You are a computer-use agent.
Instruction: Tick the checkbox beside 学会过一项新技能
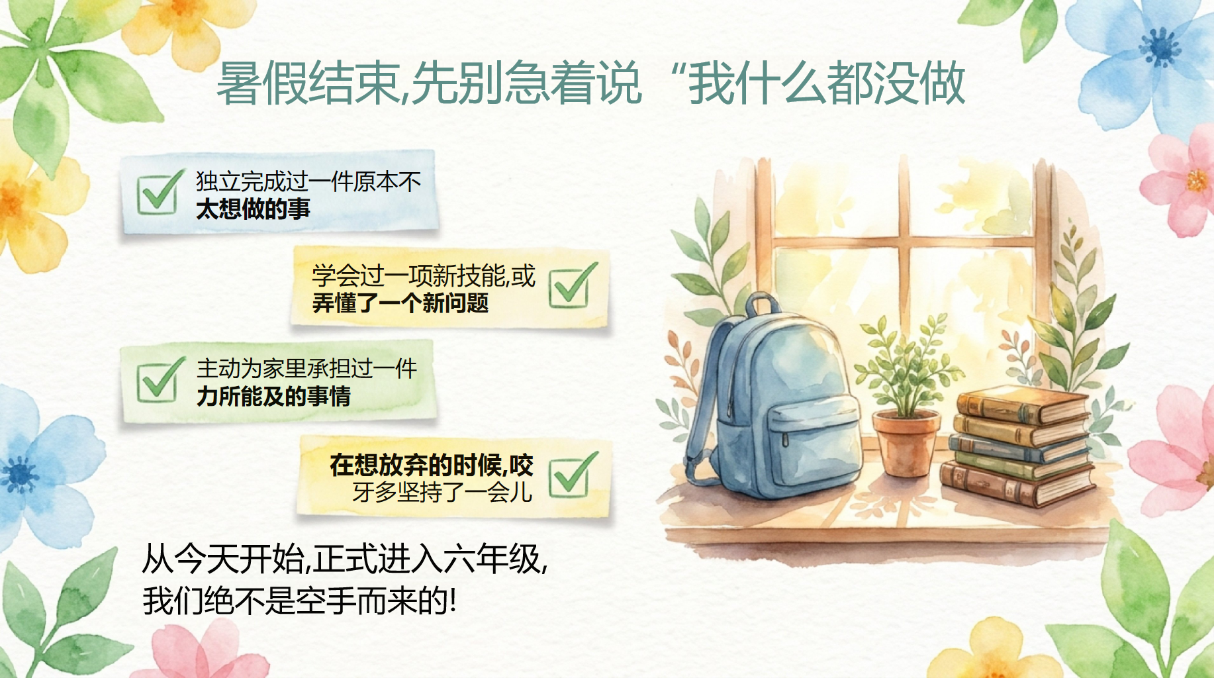click(572, 285)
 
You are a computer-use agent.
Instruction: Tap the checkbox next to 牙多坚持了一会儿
click(573, 474)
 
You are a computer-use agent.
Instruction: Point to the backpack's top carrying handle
click(763, 305)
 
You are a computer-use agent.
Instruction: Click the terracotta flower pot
click(906, 442)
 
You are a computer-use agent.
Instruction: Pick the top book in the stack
click(1023, 405)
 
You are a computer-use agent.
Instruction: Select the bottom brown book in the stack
click(1016, 485)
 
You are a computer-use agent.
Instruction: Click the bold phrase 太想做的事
click(253, 209)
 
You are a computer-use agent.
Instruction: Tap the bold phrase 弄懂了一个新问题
click(400, 303)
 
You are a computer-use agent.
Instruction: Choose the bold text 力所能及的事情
click(273, 397)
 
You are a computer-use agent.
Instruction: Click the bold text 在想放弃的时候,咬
click(432, 465)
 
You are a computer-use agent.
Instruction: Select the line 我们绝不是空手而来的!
click(299, 601)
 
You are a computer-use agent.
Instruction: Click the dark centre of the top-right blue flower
click(1160, 47)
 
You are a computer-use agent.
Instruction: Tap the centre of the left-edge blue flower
click(20, 474)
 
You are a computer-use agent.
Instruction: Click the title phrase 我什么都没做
click(827, 83)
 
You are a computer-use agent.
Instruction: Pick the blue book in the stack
click(1019, 448)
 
